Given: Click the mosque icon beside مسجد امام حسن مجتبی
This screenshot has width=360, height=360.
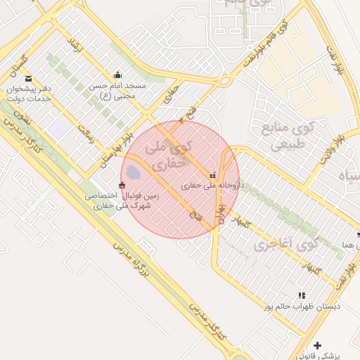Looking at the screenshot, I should coord(117,75).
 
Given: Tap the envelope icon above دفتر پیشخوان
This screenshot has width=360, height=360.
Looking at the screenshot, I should coord(28,79).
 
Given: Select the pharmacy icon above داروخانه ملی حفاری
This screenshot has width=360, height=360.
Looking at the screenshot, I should coord(212,175).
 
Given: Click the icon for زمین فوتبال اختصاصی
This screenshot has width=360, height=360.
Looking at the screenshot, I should coord(123,186).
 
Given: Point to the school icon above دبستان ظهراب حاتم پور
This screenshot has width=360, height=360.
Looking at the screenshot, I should coord(302,296).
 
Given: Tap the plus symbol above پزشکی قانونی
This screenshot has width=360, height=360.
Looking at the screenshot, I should coord(318,345).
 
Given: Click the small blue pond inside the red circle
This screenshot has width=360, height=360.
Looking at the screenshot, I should coord(134,172).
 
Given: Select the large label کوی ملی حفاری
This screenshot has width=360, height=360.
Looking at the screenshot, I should coord(168,155).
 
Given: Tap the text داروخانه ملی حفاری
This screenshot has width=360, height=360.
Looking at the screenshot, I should coord(212,186).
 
